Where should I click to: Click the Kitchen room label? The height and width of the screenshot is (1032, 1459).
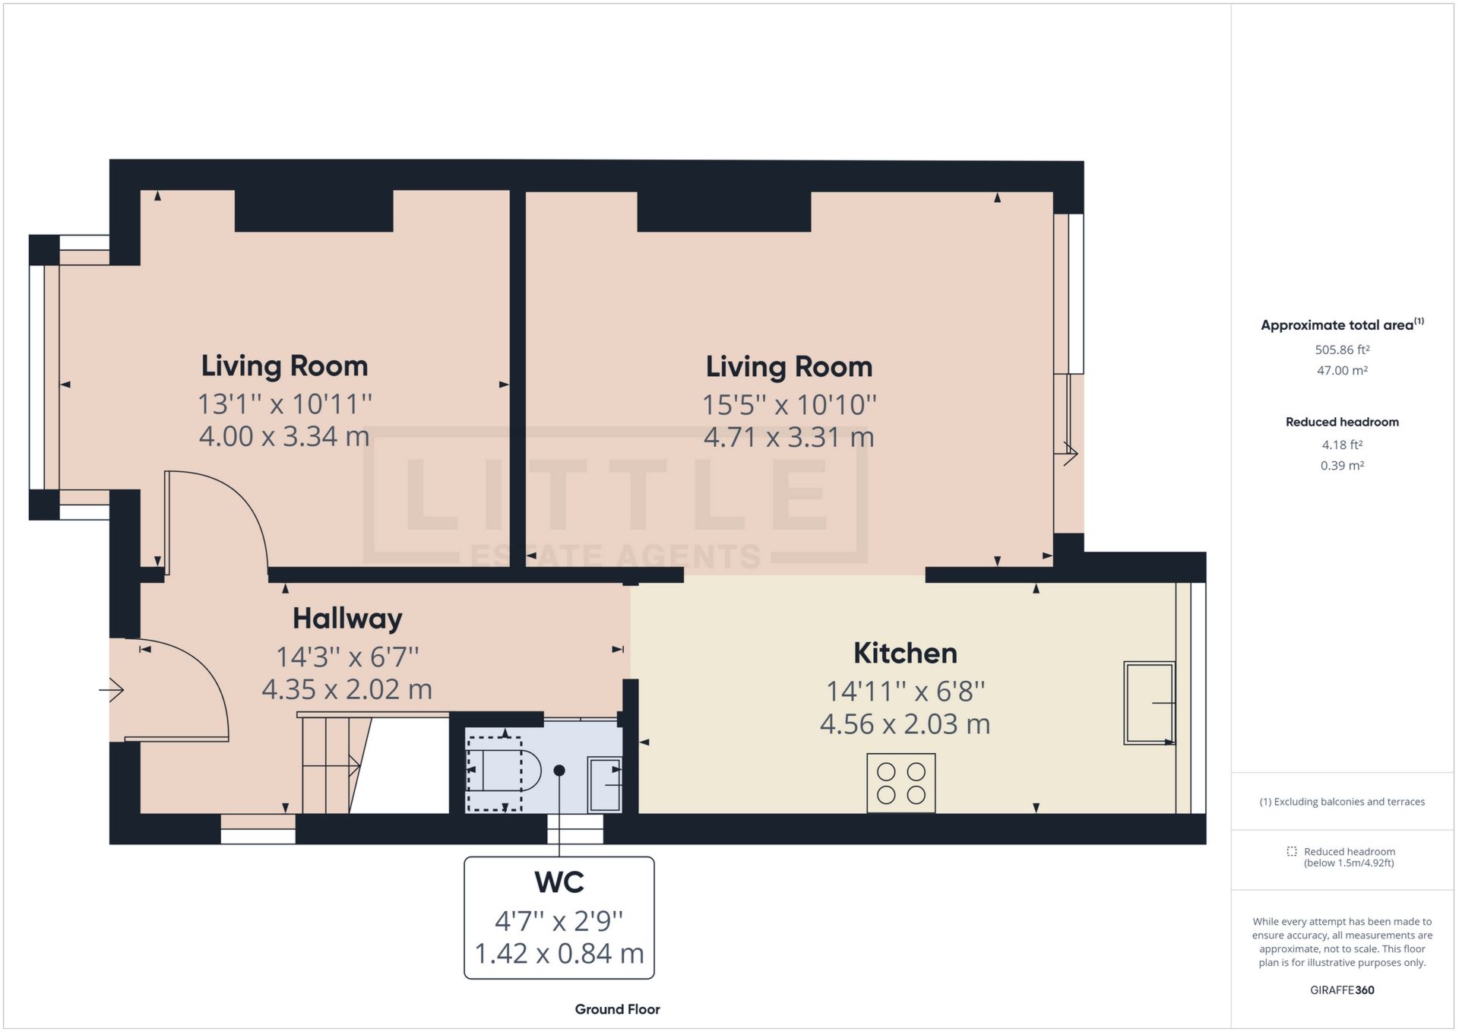point(904,654)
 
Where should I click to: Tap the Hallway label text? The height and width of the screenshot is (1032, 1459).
point(347,619)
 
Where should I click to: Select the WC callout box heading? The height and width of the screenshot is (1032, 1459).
point(559,882)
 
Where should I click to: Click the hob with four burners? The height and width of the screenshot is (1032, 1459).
point(900,783)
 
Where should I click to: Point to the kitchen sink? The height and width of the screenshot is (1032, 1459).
point(1149,703)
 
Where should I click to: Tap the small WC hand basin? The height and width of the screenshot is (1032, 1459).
point(606,783)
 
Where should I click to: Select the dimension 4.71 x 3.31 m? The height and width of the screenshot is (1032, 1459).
point(788,438)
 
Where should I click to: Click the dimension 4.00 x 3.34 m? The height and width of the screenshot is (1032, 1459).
point(284,437)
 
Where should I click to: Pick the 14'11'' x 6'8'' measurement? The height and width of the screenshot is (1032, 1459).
point(904,692)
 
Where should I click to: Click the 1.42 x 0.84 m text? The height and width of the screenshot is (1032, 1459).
point(559,954)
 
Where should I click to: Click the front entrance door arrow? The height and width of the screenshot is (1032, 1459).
point(112,690)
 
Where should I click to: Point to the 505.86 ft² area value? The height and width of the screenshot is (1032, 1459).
point(1342,350)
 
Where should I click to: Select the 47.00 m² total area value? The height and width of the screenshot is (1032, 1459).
point(1342,371)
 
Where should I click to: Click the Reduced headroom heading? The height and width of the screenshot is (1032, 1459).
point(1342,423)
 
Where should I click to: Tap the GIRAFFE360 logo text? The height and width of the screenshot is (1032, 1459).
point(1342,990)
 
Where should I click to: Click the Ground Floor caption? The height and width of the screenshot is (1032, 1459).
point(617,1009)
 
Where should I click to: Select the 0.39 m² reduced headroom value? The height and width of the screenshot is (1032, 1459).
point(1342,466)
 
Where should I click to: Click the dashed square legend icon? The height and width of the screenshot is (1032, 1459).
point(1291,851)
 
